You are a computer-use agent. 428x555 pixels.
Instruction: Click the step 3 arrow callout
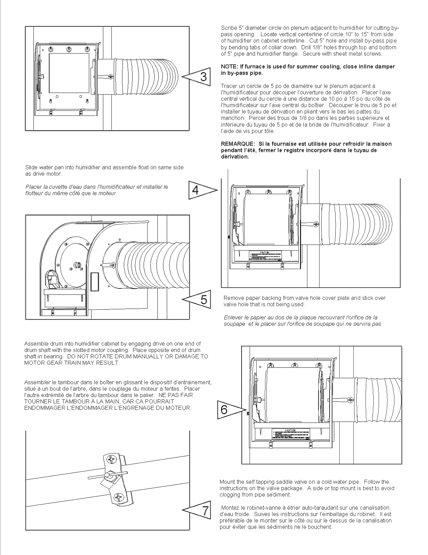pyautogui.click(x=198, y=77)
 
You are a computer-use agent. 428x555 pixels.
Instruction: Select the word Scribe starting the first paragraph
pyautogui.click(x=228, y=28)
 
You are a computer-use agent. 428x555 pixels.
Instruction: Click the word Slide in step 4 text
pyautogui.click(x=31, y=167)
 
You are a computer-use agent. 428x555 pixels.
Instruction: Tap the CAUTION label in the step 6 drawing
pyautogui.click(x=290, y=430)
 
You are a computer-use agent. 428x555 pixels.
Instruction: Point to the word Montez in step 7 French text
pyautogui.click(x=229, y=508)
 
